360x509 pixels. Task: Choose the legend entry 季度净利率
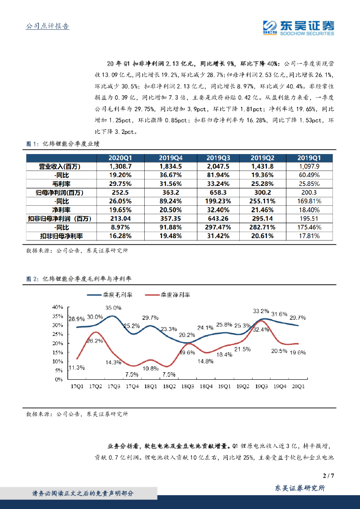click(x=175, y=295)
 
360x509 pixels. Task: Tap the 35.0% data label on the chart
click(x=113, y=308)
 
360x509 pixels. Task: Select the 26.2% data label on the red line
click(x=95, y=340)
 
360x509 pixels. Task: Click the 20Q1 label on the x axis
click(x=298, y=386)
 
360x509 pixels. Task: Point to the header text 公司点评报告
click(x=47, y=26)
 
